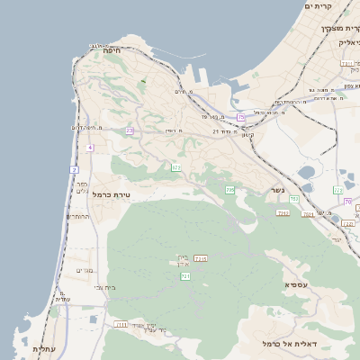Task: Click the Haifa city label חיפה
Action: pos(112,51)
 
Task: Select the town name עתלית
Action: pos(44,348)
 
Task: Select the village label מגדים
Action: pos(85,270)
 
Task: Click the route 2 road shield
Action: pos(75,169)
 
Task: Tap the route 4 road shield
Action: pos(91,147)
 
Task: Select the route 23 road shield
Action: pos(130,131)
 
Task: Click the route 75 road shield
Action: pos(241,118)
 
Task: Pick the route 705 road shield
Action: pos(230,190)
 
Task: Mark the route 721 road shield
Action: pos(185,275)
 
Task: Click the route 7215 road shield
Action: pos(201,259)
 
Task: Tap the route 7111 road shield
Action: pos(121,324)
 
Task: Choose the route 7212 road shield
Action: pos(283,213)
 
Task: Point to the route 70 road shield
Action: pos(347,202)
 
